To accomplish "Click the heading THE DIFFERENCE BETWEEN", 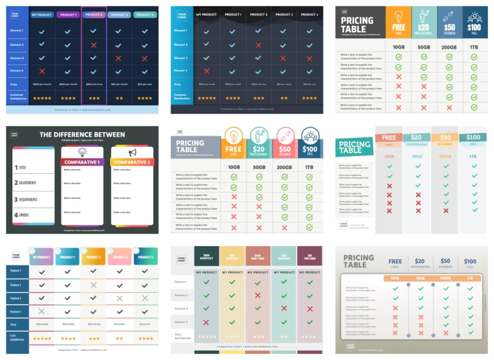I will pos(82,134).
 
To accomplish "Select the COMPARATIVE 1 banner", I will pos(82,162).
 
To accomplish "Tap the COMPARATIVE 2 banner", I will pos(132,162).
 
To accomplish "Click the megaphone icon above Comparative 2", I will pos(132,152).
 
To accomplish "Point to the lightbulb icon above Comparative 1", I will pos(82,152).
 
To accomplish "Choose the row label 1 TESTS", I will pos(21,167).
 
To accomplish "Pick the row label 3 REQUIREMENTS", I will pos(26,199).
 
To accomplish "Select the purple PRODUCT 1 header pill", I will pos(68,15).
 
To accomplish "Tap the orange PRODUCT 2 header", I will pos(93,257).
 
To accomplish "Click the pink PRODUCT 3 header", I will pos(119,257).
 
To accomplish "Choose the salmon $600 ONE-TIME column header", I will pos(258,255).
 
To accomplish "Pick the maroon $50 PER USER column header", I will pos(310,255).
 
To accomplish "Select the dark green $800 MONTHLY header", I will pos(206,255).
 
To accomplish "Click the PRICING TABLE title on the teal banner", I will pos(354,147).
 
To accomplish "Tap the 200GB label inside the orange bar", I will pos(446,278).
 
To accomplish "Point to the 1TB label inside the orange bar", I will pos(470,278).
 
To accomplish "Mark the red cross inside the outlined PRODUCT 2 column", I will pos(93,45).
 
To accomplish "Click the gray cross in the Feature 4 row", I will pos(42,311).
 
